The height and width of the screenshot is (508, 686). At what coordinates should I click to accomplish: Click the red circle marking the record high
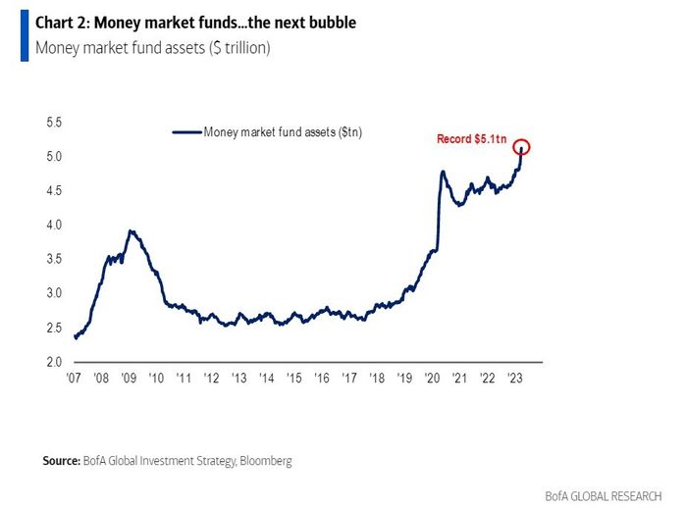click(x=521, y=148)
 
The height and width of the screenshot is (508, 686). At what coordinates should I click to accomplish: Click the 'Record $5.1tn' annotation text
click(x=473, y=140)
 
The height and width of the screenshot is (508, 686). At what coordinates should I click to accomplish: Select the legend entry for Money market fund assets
click(x=283, y=131)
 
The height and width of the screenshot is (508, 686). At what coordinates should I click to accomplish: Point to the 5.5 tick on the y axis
click(x=54, y=123)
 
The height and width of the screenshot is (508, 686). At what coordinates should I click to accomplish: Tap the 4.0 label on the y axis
click(x=54, y=225)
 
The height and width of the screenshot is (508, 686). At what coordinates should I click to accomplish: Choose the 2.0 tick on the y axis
click(x=54, y=362)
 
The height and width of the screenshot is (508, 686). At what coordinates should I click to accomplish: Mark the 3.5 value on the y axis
click(x=54, y=259)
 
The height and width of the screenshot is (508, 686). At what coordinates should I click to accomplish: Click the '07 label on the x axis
click(x=74, y=377)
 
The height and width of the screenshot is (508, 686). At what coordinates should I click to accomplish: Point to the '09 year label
click(x=130, y=377)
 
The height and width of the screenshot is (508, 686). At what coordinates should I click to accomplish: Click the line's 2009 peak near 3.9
click(x=132, y=231)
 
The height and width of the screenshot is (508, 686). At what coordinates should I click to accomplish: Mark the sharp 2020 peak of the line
click(x=443, y=173)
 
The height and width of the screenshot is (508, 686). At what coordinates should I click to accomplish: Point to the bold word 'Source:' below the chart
click(x=62, y=460)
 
